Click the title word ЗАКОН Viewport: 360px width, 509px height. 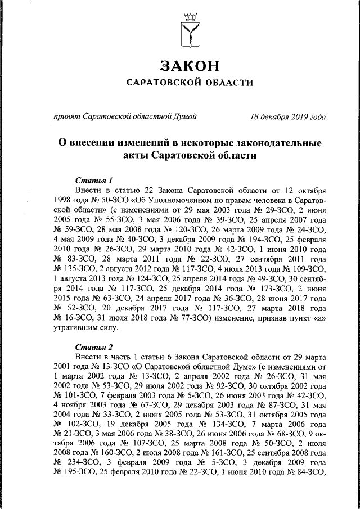[188, 66]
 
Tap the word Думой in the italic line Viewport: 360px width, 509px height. [185, 117]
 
